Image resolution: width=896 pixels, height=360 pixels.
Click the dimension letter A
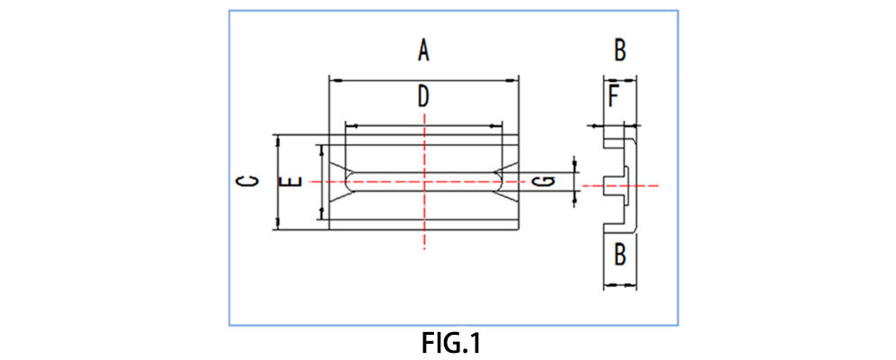tap(423, 50)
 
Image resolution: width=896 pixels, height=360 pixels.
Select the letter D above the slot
tap(423, 96)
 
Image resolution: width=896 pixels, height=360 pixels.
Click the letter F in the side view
tap(613, 96)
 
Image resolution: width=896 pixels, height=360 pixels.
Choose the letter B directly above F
tap(620, 50)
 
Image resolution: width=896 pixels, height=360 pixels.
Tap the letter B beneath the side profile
tap(620, 255)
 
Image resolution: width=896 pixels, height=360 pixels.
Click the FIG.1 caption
tap(452, 343)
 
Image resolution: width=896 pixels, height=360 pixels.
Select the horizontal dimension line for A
tap(378, 79)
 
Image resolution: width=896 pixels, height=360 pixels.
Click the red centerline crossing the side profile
tap(644, 185)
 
